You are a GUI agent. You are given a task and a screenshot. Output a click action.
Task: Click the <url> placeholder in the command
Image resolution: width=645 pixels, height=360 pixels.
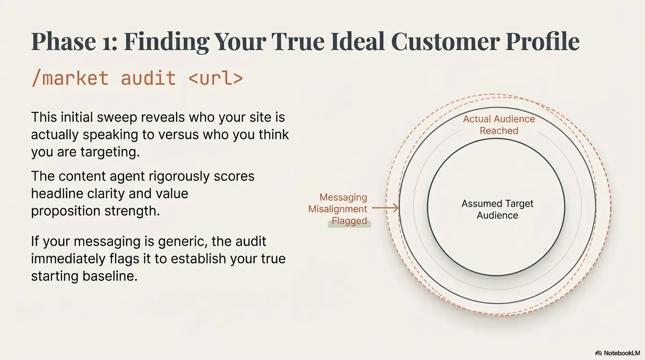tap(216, 77)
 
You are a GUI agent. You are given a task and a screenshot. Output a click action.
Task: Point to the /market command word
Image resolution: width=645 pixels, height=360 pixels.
tap(70, 77)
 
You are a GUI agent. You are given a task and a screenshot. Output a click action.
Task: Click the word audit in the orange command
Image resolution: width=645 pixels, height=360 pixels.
tap(149, 77)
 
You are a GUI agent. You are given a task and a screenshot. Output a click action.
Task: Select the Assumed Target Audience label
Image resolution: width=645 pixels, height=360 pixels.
tap(497, 210)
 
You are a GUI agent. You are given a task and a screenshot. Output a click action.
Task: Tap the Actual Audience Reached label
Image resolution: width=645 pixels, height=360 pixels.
tap(499, 125)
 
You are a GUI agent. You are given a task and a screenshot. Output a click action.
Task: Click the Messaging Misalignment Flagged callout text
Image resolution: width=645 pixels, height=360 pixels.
tap(338, 209)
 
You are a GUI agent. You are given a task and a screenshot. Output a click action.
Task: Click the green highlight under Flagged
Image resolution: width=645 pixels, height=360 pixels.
tap(349, 225)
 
